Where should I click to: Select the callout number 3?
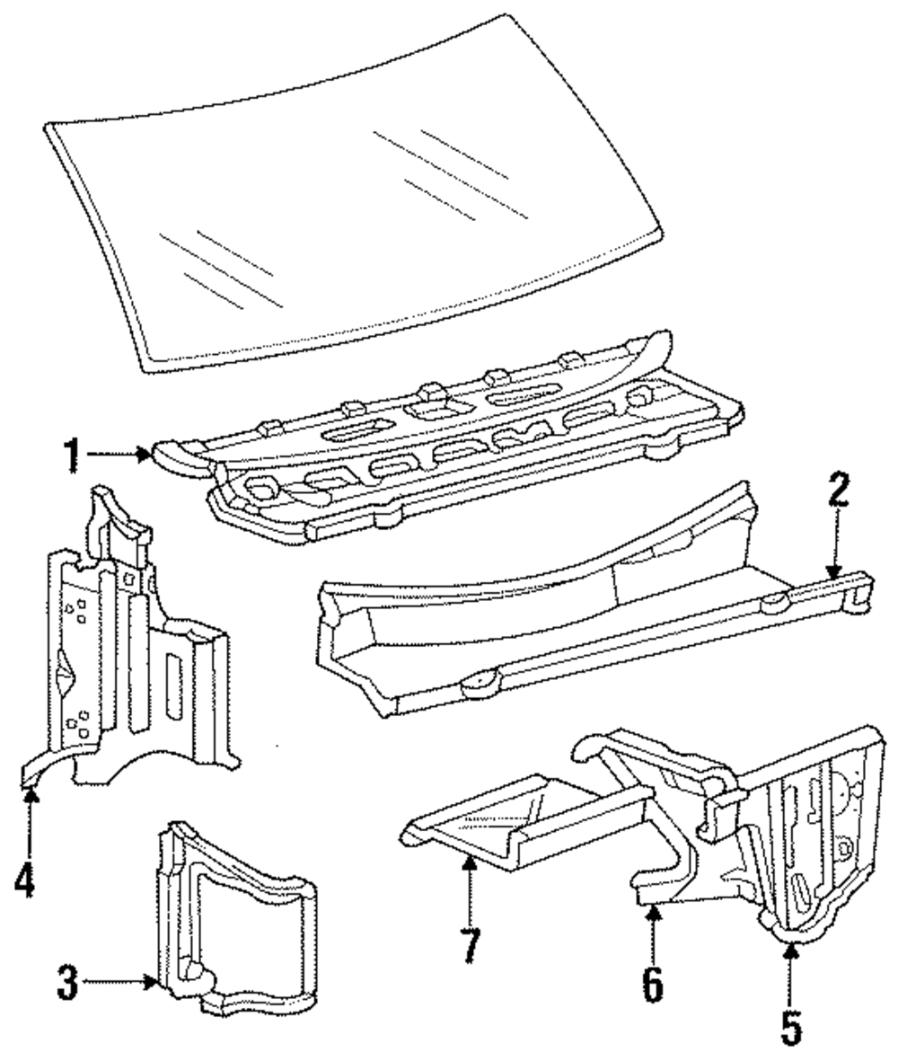pyautogui.click(x=66, y=983)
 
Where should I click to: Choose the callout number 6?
pyautogui.click(x=653, y=983)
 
